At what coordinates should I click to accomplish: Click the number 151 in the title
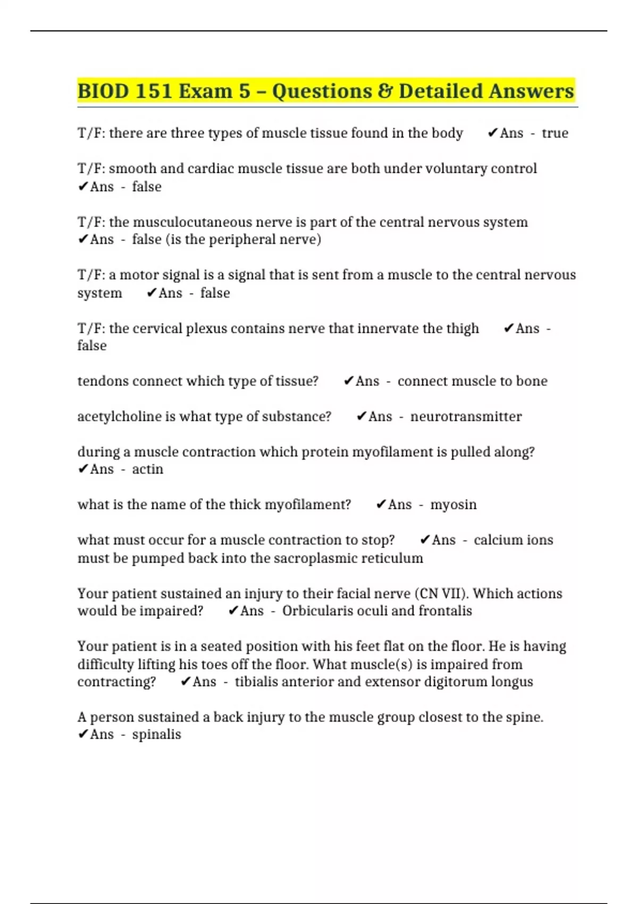153,91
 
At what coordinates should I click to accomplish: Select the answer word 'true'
555,133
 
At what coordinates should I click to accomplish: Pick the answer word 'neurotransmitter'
466,416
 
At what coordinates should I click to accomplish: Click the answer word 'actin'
147,469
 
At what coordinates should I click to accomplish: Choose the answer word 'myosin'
453,505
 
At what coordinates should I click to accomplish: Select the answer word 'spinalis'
156,734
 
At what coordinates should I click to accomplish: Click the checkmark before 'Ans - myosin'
381,505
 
